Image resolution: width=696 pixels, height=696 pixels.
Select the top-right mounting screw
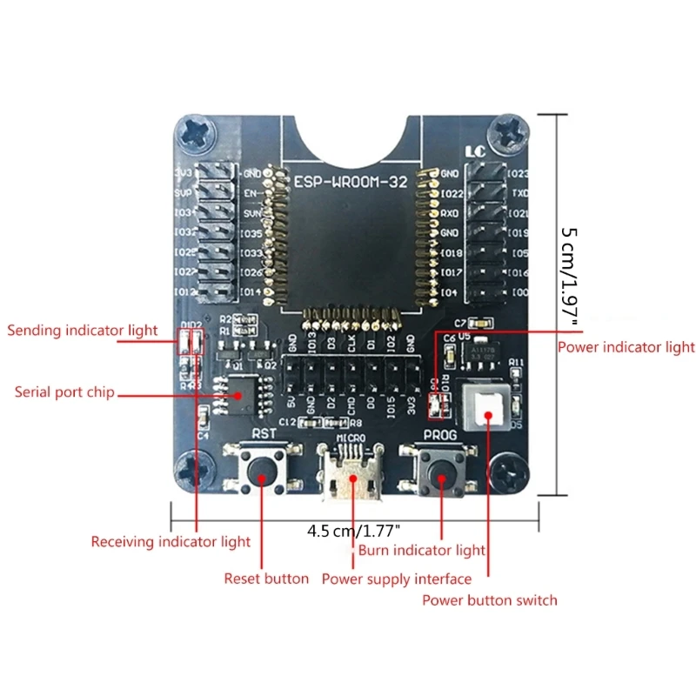coord(507,133)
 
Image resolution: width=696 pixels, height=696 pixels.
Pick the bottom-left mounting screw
coord(192,472)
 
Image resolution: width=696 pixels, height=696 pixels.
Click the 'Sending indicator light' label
coord(83,331)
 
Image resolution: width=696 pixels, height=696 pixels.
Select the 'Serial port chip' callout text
coord(64,392)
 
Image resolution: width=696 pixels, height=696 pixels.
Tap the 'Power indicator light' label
coord(626,348)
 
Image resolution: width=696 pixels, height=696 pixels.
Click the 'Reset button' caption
coord(266,579)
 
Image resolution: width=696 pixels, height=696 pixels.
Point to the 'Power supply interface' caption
coord(397,579)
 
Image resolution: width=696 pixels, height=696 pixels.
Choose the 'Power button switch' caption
coord(490,600)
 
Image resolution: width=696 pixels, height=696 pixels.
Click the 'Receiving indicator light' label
coord(171,542)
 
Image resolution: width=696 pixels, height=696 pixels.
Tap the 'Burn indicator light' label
coord(422,551)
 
